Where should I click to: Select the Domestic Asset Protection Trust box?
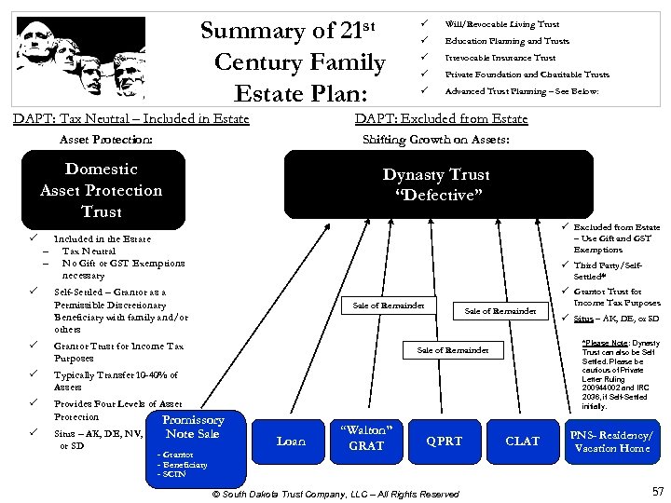[101, 190]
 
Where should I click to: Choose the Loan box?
[292, 442]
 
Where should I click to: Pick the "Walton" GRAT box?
[366, 437]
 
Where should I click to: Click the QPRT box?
[444, 442]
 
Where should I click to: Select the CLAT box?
[522, 442]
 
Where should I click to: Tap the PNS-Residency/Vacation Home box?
[611, 442]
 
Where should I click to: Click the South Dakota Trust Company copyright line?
[336, 494]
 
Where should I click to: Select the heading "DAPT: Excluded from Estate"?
[442, 118]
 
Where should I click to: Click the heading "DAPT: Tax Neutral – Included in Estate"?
[130, 118]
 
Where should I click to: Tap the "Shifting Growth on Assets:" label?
[435, 140]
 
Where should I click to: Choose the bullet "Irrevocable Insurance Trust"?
[500, 58]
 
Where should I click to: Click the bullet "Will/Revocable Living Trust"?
[501, 24]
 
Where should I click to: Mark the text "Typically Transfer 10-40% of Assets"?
[116, 381]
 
